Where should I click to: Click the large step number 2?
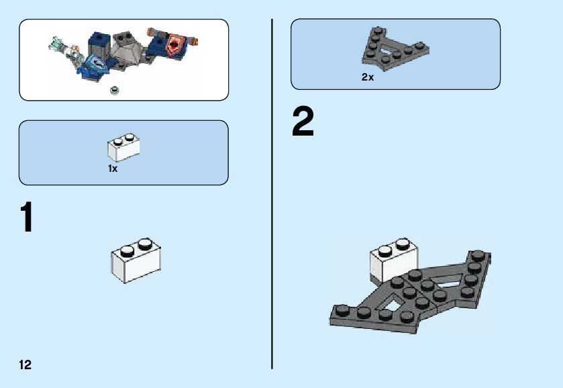point(303,124)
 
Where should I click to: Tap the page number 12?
point(25,365)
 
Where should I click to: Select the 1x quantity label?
point(113,169)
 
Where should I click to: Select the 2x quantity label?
point(367,77)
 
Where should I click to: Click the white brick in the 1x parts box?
point(123,148)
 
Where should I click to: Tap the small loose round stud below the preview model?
point(115,90)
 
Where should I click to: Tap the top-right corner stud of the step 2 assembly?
point(478,255)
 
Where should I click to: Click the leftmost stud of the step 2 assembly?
point(342,309)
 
